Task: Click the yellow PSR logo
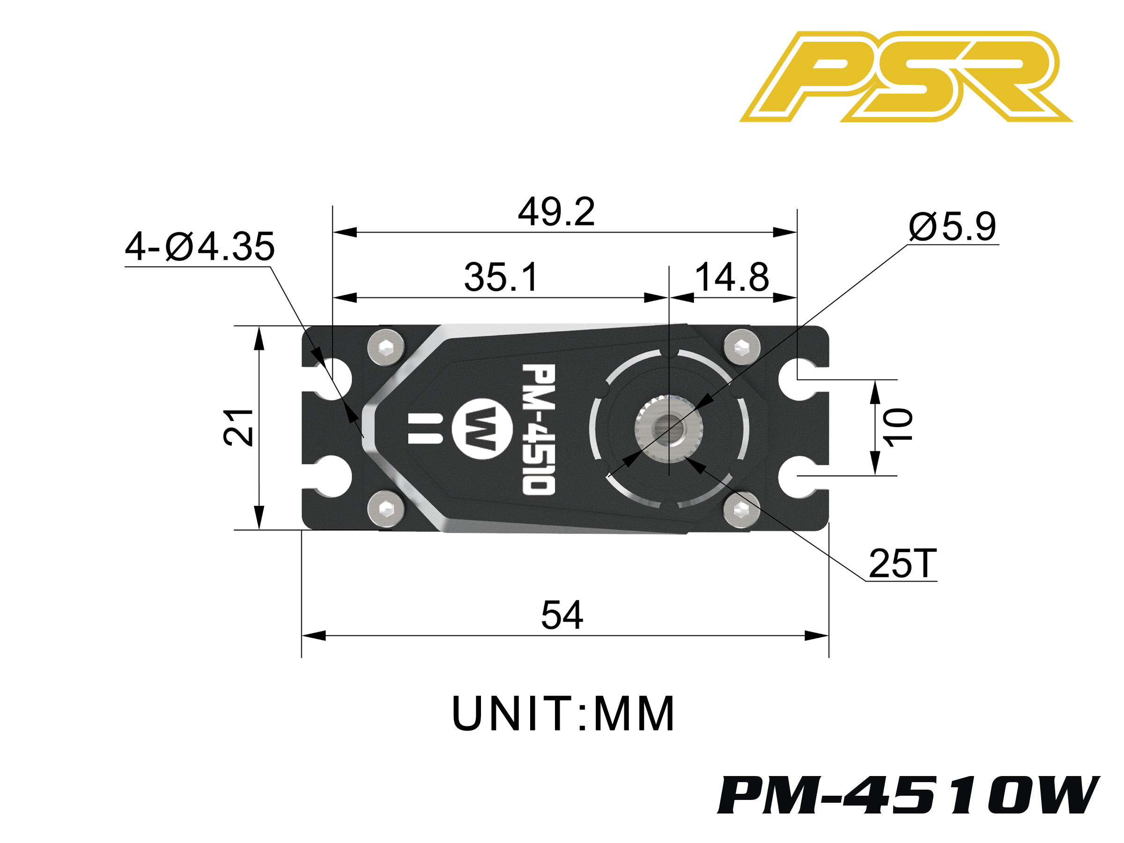[x=906, y=76]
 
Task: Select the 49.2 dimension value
[x=556, y=212]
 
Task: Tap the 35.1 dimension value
[x=501, y=277]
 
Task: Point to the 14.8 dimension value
[x=732, y=277]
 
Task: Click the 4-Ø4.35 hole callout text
[x=200, y=247]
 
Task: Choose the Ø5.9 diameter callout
[x=952, y=227]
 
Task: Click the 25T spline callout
[x=902, y=563]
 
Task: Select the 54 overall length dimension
[x=562, y=615]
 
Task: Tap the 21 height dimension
[x=238, y=427]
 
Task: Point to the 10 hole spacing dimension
[x=898, y=427]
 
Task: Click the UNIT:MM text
[x=562, y=714]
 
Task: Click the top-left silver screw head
[x=386, y=348]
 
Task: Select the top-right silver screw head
[x=741, y=348]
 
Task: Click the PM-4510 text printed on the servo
[x=539, y=429]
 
